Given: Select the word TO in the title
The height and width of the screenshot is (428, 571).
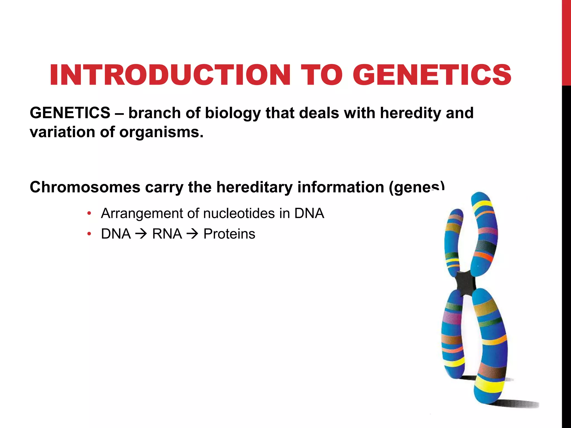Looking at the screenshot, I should pos(322,75).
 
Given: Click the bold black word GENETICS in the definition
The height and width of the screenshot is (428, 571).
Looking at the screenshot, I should pos(70,113).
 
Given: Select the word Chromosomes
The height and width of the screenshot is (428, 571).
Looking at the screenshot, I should pos(85,187).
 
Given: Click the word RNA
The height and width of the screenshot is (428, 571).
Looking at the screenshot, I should pos(167,234).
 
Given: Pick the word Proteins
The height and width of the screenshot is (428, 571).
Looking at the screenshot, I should pos(229,234).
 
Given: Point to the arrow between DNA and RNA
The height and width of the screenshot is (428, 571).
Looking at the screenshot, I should pos(141,234).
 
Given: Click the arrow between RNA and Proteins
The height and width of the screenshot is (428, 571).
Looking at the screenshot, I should pos(192,234).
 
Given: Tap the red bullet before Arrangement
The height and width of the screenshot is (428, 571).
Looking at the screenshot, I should pos(89,213).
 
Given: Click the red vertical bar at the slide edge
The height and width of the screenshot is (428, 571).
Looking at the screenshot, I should pos(566,42).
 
